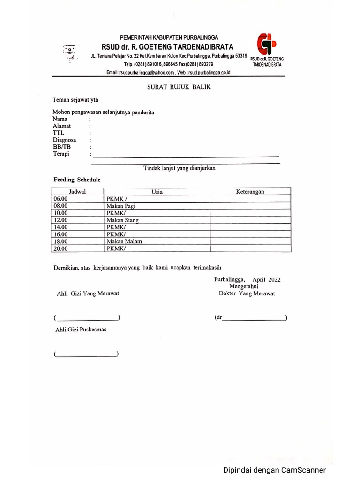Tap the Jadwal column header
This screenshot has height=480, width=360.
77,191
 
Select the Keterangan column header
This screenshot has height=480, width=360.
250,191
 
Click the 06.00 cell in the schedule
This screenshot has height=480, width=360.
61,199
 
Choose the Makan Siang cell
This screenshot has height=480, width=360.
122,220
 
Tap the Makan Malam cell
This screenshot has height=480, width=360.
124,241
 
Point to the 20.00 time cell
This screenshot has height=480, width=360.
61,248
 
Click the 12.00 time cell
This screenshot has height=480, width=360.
61,220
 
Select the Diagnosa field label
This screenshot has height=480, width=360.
65,140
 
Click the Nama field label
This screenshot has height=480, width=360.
60,119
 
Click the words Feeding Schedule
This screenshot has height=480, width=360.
77,180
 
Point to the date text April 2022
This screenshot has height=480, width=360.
266,279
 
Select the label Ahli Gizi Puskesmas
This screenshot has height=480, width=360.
81,330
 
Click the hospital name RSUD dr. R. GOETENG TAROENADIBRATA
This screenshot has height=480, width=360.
167,46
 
